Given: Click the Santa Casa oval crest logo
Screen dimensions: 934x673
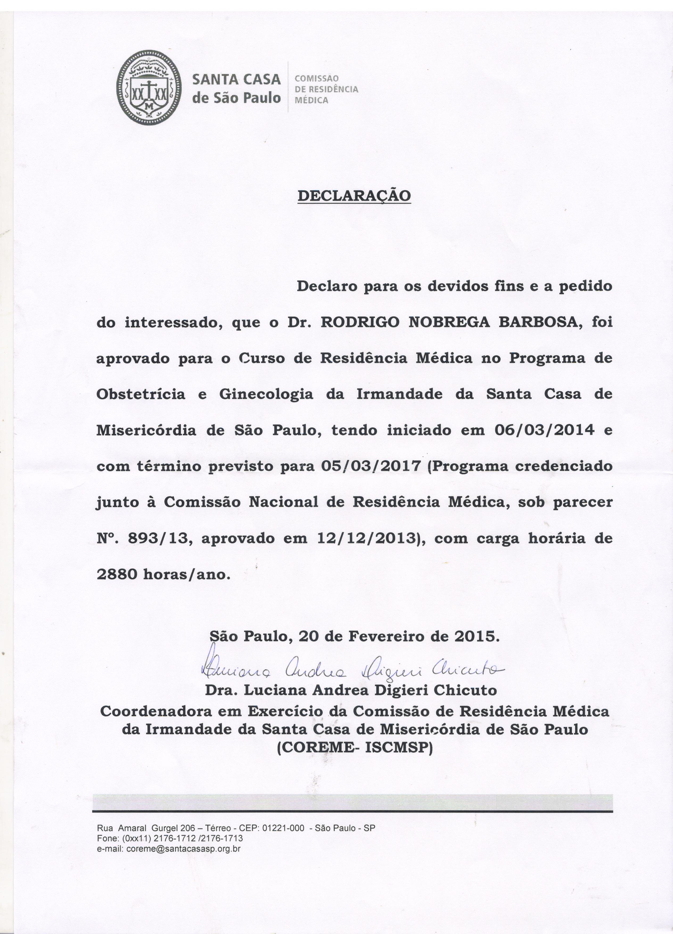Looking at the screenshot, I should [149, 88].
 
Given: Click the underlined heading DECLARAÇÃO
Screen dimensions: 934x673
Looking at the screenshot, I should [354, 195].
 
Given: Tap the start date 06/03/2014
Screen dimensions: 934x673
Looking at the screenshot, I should [543, 430].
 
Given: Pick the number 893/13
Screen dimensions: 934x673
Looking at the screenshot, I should [161, 539].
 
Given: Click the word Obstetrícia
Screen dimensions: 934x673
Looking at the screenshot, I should [141, 394].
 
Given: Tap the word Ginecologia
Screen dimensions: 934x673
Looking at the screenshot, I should [266, 394].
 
